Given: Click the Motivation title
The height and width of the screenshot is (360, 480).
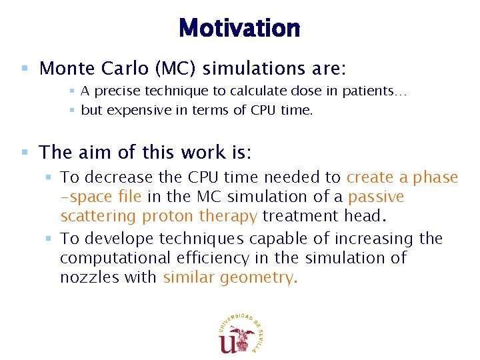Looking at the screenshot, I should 239,29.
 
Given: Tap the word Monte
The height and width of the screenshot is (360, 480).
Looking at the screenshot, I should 62,69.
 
